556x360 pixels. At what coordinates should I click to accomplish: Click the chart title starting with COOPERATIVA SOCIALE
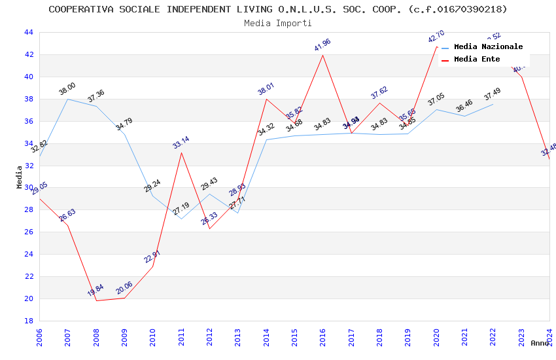(x=278, y=9)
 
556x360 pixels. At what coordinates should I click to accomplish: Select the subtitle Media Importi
(x=278, y=23)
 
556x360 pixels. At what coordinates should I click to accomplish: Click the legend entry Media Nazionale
(x=488, y=47)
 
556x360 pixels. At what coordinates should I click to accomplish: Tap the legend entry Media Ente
(x=477, y=60)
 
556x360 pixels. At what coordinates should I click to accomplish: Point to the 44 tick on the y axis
(x=29, y=32)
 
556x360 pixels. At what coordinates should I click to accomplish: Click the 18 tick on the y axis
(x=29, y=321)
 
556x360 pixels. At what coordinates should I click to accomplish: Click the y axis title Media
(x=20, y=177)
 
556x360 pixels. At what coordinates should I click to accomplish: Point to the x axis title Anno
(x=540, y=343)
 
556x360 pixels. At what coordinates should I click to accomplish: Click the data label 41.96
(x=322, y=45)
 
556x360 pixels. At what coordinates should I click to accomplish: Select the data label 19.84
(x=96, y=290)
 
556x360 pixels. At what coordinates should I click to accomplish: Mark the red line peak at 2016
(x=322, y=54)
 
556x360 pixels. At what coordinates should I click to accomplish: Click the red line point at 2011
(x=181, y=153)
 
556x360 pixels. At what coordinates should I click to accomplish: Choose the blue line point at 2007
(x=67, y=99)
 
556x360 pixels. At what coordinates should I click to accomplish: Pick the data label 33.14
(x=181, y=143)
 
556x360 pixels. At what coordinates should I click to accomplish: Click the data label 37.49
(x=493, y=95)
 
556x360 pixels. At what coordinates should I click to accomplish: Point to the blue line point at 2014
(x=266, y=139)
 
